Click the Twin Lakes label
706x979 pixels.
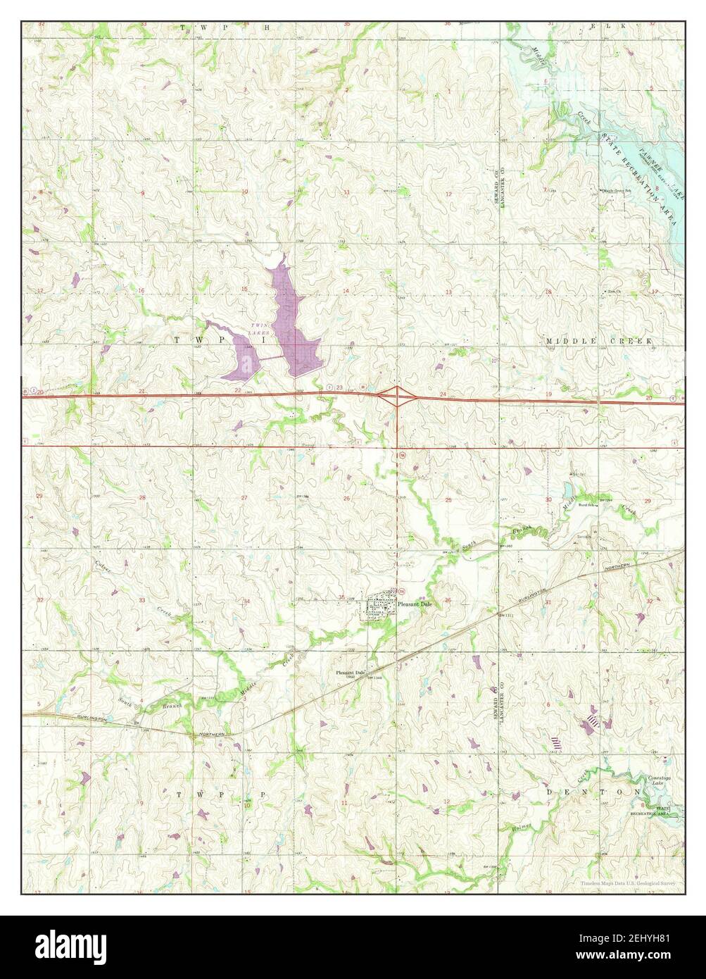pos(260,328)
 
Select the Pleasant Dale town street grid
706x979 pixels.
pos(379,606)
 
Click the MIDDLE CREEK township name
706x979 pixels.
pos(599,341)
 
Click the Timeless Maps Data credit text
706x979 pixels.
pos(629,883)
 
